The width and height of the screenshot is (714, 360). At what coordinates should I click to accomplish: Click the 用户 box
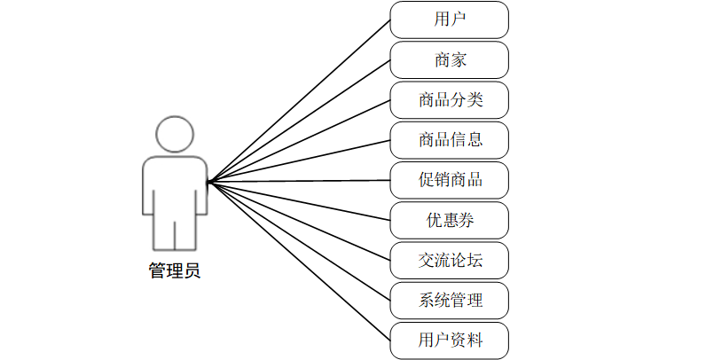(x=450, y=20)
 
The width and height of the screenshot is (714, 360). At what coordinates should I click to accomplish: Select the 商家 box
(x=450, y=59)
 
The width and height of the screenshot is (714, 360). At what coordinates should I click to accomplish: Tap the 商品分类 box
(x=450, y=99)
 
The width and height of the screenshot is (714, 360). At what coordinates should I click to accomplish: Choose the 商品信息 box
(x=450, y=139)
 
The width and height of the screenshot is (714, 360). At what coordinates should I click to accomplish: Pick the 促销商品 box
(x=450, y=180)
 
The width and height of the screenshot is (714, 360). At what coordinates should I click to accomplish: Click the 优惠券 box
(x=450, y=220)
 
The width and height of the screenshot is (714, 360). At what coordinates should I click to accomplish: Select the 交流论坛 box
(x=450, y=260)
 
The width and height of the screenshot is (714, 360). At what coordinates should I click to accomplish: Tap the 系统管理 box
(x=450, y=300)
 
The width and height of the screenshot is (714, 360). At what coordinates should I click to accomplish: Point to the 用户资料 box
(x=450, y=340)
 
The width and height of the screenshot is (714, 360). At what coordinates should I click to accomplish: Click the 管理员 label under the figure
(x=175, y=270)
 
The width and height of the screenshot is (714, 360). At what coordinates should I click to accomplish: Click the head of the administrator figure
(x=175, y=134)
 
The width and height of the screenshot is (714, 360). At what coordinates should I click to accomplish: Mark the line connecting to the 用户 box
(x=299, y=101)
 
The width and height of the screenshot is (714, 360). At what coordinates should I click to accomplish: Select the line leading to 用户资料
(x=299, y=261)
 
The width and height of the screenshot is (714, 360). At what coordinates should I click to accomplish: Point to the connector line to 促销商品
(x=299, y=182)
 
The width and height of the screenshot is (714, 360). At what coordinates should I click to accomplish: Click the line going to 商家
(x=299, y=121)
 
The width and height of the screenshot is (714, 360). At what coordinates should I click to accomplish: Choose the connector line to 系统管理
(x=299, y=241)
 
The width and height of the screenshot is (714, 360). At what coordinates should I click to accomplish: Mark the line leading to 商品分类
(x=299, y=141)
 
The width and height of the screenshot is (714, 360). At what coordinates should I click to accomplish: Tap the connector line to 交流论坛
(x=299, y=222)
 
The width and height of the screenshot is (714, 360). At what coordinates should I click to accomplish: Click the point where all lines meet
(x=208, y=183)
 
